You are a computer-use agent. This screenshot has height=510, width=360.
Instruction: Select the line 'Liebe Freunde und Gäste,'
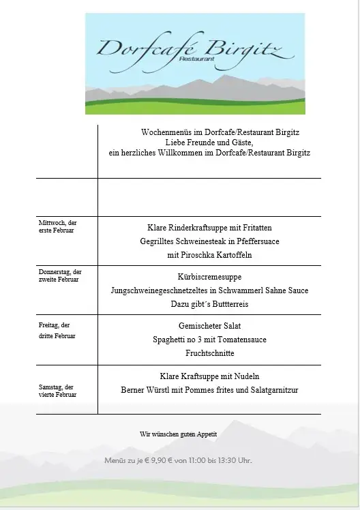pos(209,142)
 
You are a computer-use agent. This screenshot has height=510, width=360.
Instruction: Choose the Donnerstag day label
pos(59,275)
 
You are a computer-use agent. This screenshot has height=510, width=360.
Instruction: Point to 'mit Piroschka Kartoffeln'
pos(209,255)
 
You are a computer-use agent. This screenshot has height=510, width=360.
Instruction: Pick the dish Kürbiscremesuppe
pos(209,277)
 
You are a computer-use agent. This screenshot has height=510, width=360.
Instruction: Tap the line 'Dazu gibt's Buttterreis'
pos(209,304)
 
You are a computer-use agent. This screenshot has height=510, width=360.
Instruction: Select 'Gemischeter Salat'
pos(209,326)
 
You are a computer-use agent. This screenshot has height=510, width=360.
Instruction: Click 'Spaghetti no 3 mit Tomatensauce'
pos(209,340)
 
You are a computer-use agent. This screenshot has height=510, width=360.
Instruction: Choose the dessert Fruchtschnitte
pos(209,353)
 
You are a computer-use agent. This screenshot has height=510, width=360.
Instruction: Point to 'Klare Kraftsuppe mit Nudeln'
pos(209,376)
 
